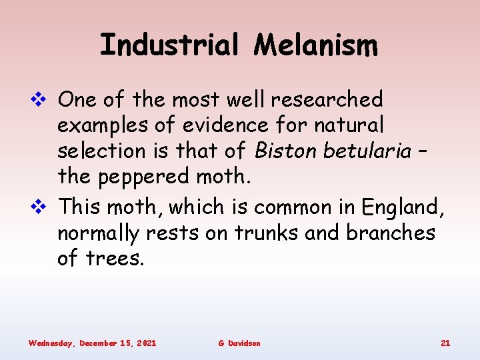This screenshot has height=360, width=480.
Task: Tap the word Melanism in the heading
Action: pyautogui.click(x=316, y=46)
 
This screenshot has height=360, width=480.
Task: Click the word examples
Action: pyautogui.click(x=102, y=126)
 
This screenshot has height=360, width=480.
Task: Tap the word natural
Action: pyautogui.click(x=347, y=125)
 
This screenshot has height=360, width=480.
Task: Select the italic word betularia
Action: pyautogui.click(x=367, y=151)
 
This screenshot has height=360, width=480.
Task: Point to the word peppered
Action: pyautogui.click(x=150, y=177)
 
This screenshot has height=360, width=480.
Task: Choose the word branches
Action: pyautogui.click(x=395, y=233)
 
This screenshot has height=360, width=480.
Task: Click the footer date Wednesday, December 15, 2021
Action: pyautogui.click(x=93, y=343)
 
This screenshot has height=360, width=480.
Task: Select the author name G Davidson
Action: pyautogui.click(x=239, y=343)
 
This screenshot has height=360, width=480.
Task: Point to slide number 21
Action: pyautogui.click(x=445, y=343)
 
